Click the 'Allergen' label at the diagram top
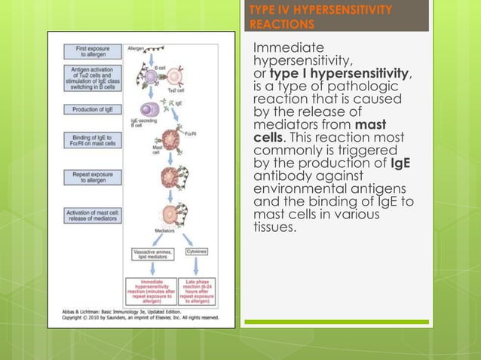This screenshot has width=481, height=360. pyautogui.click(x=136, y=47)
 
